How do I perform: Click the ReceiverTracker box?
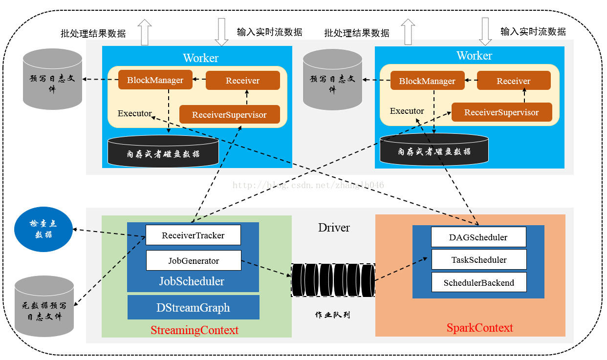click(193, 235)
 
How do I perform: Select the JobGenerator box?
click(194, 260)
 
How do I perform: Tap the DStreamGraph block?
click(193, 307)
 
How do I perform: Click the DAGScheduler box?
click(478, 237)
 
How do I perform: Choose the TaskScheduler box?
click(479, 259)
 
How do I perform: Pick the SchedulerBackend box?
click(479, 282)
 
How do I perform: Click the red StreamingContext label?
click(195, 330)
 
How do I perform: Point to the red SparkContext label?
click(479, 328)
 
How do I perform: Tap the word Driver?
click(334, 228)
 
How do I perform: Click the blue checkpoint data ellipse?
click(43, 229)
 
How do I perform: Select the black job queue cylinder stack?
click(333, 280)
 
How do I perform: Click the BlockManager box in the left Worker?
click(155, 80)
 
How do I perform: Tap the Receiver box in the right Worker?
click(514, 81)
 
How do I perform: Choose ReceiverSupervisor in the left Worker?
click(229, 115)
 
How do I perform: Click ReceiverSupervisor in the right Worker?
click(501, 112)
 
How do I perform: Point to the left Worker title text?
click(200, 58)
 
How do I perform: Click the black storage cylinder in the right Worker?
click(434, 149)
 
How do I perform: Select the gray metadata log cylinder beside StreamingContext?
click(44, 306)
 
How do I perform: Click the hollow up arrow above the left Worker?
click(145, 32)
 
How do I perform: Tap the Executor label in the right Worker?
click(407, 111)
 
